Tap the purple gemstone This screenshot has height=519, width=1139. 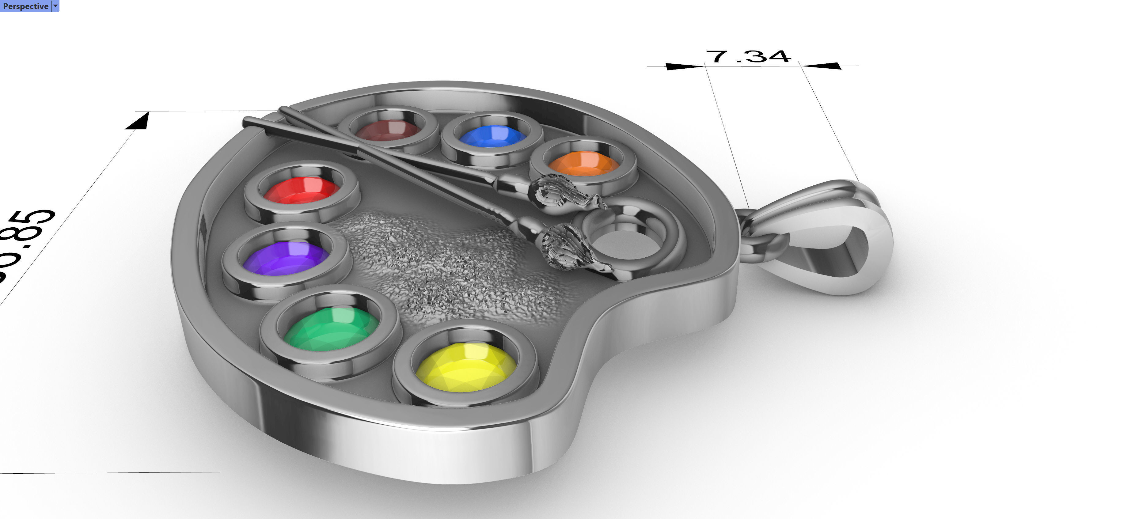(286, 258)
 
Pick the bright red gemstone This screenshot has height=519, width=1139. (302, 190)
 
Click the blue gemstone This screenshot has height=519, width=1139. (492, 136)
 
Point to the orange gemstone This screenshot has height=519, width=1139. (584, 163)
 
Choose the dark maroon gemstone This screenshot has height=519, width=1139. (387, 131)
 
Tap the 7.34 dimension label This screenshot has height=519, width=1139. (748, 57)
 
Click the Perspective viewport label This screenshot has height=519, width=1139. (25, 6)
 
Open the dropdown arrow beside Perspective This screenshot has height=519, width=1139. (55, 6)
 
